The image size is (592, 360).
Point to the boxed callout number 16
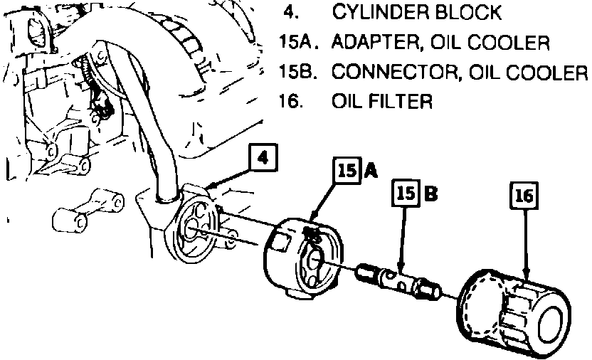click(524, 197)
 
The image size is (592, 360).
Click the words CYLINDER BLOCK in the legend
click(417, 12)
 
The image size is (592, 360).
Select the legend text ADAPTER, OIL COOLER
click(440, 43)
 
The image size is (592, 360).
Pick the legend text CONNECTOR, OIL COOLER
click(460, 73)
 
